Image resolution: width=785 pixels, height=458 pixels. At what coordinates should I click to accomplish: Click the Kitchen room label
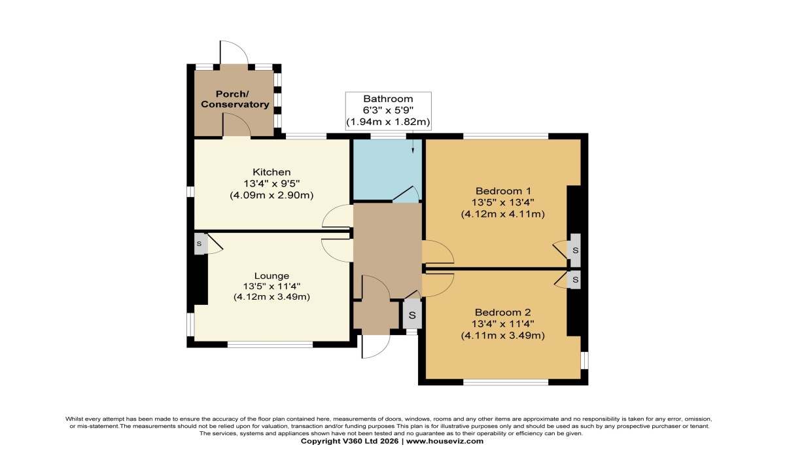271,172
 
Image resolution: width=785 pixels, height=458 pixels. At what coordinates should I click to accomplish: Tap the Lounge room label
271,276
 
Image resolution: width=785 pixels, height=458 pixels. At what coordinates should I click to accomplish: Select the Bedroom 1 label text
503,191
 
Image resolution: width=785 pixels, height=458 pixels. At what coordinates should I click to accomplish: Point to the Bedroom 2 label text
503,312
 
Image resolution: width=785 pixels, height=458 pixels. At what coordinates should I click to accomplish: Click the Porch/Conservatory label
235,99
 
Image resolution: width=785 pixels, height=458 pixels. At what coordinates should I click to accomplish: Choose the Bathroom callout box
389,111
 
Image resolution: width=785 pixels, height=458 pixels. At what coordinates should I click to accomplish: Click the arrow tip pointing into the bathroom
413,152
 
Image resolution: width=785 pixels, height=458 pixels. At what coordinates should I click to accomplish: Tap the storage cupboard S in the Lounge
200,244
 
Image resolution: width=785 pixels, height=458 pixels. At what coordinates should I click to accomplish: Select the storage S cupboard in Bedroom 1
575,251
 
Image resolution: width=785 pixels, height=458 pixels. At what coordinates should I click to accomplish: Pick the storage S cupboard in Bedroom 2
575,279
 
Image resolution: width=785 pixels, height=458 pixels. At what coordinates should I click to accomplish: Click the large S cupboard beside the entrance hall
412,315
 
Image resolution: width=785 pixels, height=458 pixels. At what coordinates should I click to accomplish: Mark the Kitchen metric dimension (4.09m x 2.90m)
271,195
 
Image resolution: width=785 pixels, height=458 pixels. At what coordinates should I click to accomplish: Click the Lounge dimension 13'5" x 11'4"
271,287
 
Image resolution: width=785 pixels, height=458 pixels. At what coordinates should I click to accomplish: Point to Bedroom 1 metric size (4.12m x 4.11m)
503,214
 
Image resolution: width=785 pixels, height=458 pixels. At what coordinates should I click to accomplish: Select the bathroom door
406,194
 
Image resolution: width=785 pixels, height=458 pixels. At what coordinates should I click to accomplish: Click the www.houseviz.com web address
445,441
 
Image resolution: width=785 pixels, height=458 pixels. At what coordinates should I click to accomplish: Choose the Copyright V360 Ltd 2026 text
349,441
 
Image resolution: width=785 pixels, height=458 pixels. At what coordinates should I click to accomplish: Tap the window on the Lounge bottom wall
270,344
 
